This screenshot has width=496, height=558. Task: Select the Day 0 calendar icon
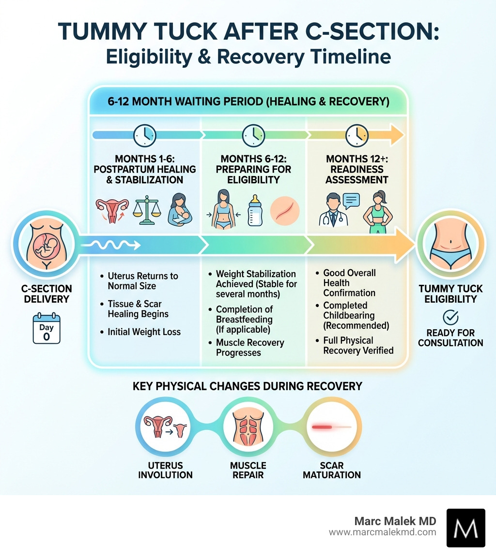[x=46, y=329]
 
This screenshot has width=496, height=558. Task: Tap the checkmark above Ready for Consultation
[x=450, y=318]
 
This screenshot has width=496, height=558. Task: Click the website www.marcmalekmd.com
[x=382, y=532]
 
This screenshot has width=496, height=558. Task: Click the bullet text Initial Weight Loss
[x=144, y=332]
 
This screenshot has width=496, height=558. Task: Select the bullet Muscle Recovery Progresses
[x=250, y=348]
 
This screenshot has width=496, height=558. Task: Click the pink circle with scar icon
[x=285, y=210]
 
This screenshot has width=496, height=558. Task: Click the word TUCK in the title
[x=187, y=31]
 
